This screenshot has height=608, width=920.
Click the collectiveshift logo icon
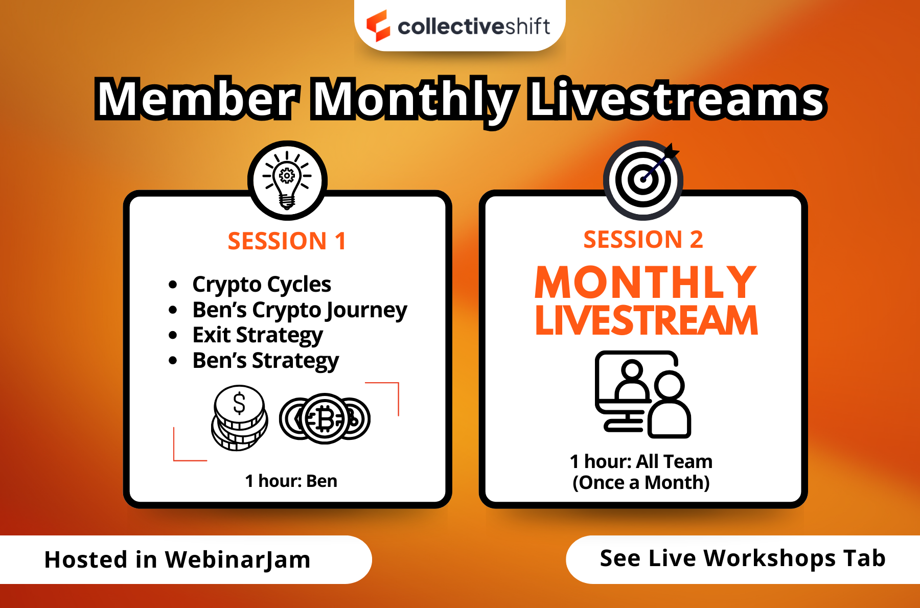[378, 26]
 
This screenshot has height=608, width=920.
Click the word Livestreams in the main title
[677, 99]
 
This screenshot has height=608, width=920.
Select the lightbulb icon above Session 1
[287, 180]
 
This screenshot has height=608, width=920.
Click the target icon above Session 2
[643, 180]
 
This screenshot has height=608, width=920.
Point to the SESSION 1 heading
[287, 241]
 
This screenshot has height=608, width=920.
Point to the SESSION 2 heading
[643, 240]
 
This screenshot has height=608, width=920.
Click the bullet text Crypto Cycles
[261, 284]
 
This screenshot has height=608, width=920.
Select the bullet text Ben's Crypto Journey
[300, 310]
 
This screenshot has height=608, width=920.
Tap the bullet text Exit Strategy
[258, 335]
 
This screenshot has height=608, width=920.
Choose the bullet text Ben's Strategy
[265, 361]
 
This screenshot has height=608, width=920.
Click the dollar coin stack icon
[239, 418]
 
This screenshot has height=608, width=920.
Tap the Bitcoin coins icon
[325, 419]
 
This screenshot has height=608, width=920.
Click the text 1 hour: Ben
[291, 481]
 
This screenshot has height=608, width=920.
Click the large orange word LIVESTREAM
[646, 321]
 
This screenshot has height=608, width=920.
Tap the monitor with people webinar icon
[642, 394]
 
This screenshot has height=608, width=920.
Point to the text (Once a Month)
[641, 483]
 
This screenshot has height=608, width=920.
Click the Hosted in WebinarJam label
[177, 559]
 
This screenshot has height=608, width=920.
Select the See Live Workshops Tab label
[742, 558]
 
